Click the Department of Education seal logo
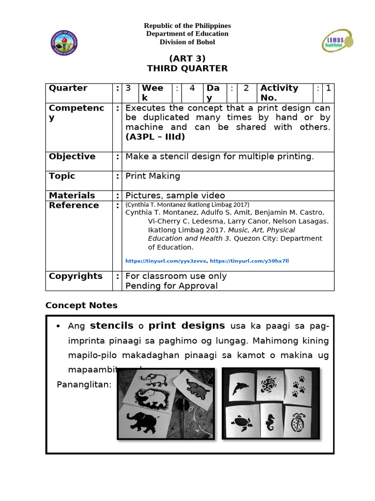pyautogui.click(x=64, y=43)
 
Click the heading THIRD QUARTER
pyautogui.click(x=187, y=68)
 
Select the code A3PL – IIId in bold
pyautogui.click(x=155, y=137)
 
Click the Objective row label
pyautogui.click(x=72, y=157)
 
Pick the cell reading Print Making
pyautogui.click(x=153, y=176)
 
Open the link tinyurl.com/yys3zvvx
pyautogui.click(x=166, y=261)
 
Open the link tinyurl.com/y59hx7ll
pyautogui.click(x=250, y=261)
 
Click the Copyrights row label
pyautogui.click(x=76, y=276)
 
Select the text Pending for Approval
pyautogui.click(x=171, y=286)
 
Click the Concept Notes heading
pyautogui.click(x=82, y=305)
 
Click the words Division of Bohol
pyautogui.click(x=187, y=42)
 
